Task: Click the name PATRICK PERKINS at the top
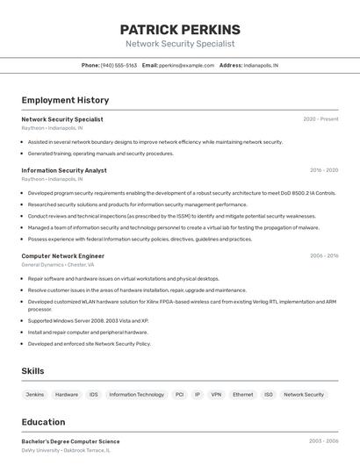[x=180, y=30]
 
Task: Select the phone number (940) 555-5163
[x=119, y=65]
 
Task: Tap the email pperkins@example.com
[x=186, y=65]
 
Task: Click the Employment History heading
[x=65, y=100]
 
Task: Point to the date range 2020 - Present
[x=320, y=119]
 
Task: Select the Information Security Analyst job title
[x=64, y=170]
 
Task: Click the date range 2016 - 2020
[x=324, y=170]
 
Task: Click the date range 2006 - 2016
[x=324, y=256]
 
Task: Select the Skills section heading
[x=32, y=371]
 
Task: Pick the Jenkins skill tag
[x=35, y=395]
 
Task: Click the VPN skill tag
[x=216, y=395]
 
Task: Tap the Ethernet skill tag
[x=242, y=395]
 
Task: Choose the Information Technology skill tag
[x=136, y=395]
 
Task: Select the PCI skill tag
[x=179, y=395]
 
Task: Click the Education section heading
[x=43, y=422]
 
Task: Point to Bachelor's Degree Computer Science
[x=70, y=441]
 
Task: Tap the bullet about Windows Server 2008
[x=88, y=321]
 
